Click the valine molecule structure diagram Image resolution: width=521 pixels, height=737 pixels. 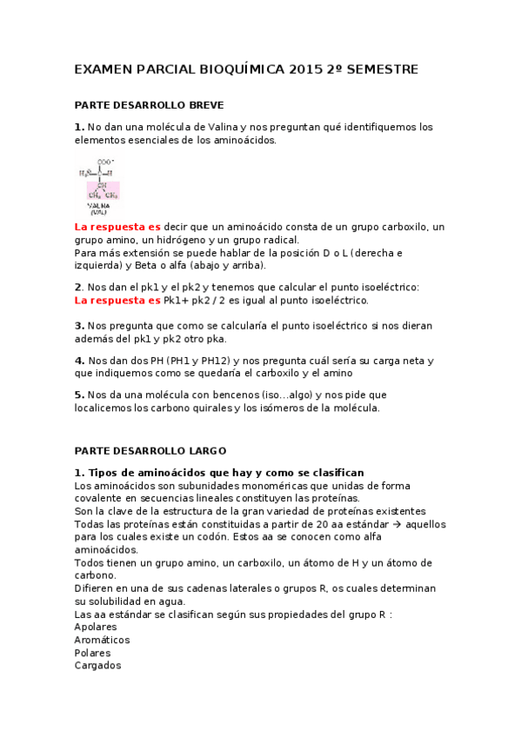point(103,183)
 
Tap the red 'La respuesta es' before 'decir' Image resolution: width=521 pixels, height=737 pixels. point(117,227)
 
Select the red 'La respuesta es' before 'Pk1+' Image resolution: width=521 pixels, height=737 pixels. point(117,301)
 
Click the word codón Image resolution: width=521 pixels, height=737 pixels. point(227,537)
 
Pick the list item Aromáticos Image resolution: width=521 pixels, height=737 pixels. point(102,640)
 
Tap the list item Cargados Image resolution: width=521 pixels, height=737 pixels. point(98,665)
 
